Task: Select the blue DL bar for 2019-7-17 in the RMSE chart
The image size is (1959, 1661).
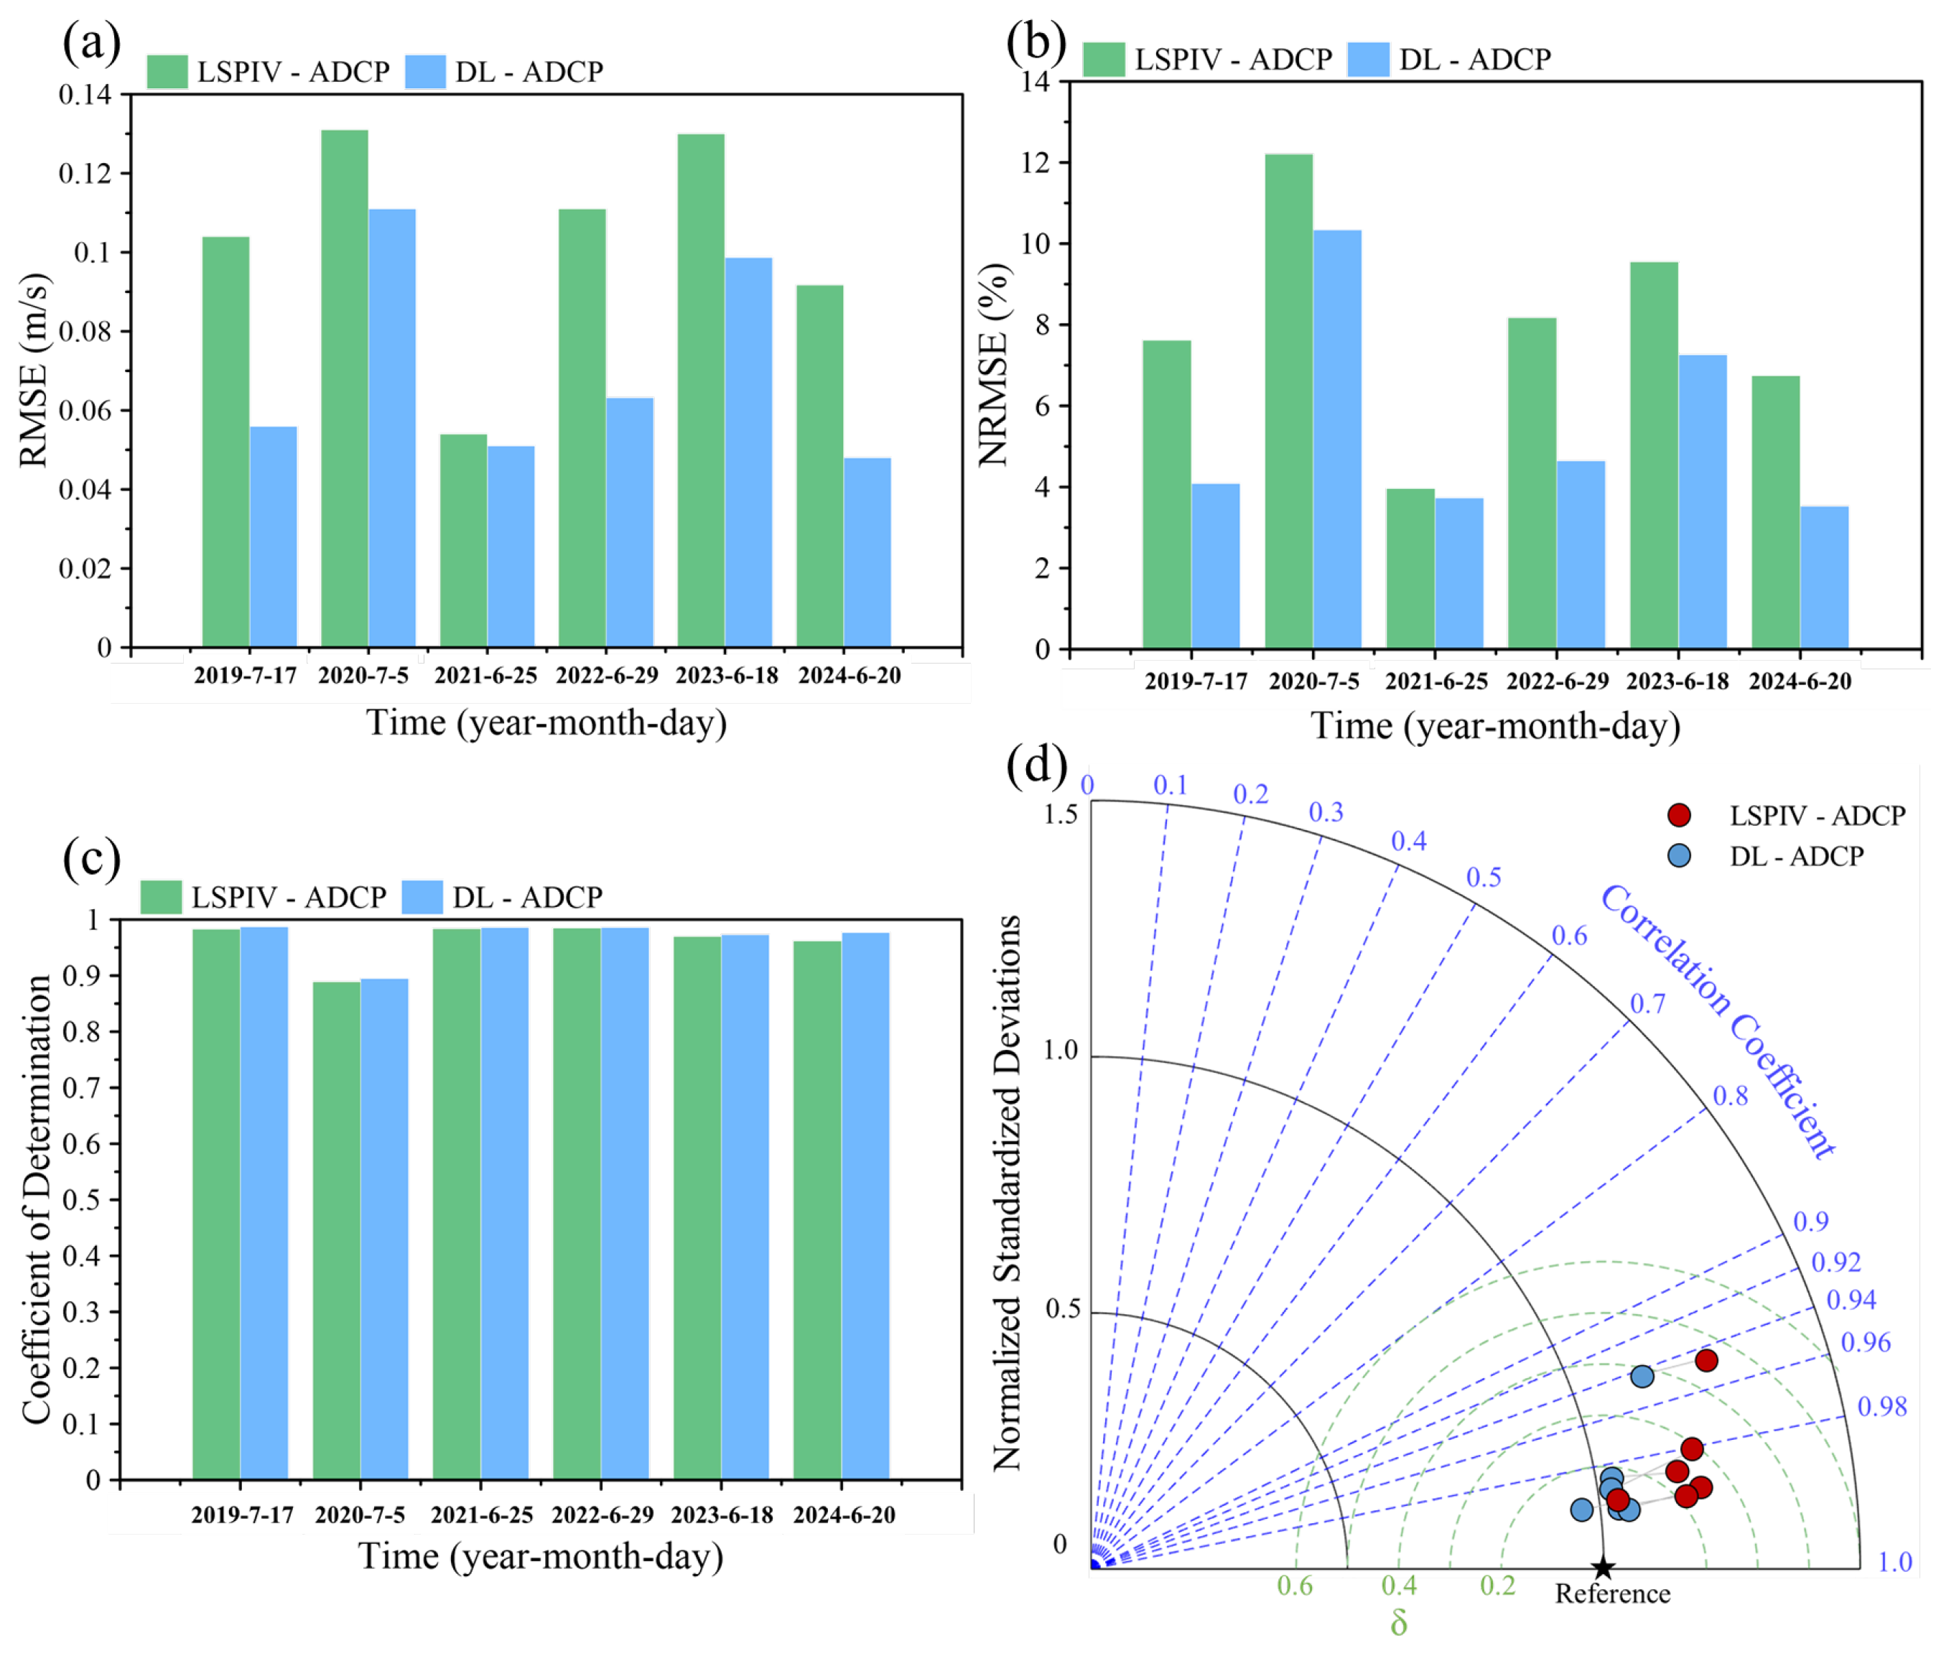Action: [x=273, y=536]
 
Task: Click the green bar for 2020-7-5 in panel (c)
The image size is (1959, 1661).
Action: [x=336, y=1229]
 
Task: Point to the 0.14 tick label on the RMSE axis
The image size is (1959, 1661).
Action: [x=85, y=94]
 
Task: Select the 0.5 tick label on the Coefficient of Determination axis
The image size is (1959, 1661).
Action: [x=82, y=1199]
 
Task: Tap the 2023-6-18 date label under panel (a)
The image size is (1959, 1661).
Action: [x=727, y=675]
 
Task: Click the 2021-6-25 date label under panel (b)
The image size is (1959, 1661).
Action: [x=1435, y=681]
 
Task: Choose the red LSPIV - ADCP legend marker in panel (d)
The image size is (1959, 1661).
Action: [x=1678, y=814]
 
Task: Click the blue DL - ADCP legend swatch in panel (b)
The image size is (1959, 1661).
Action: [x=1368, y=58]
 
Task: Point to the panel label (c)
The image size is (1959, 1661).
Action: [x=91, y=858]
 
